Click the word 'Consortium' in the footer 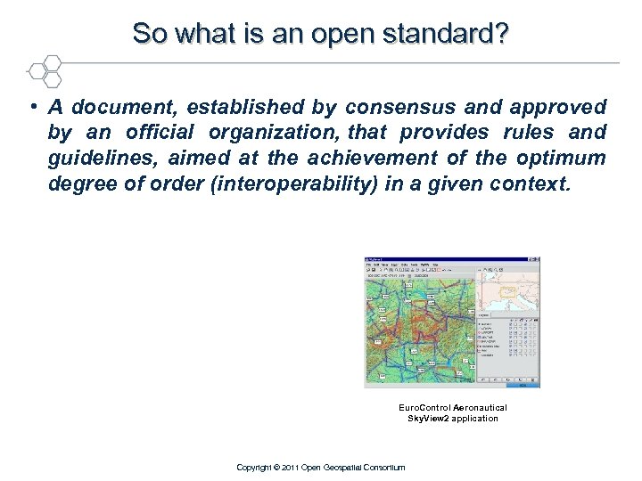click(x=384, y=467)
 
